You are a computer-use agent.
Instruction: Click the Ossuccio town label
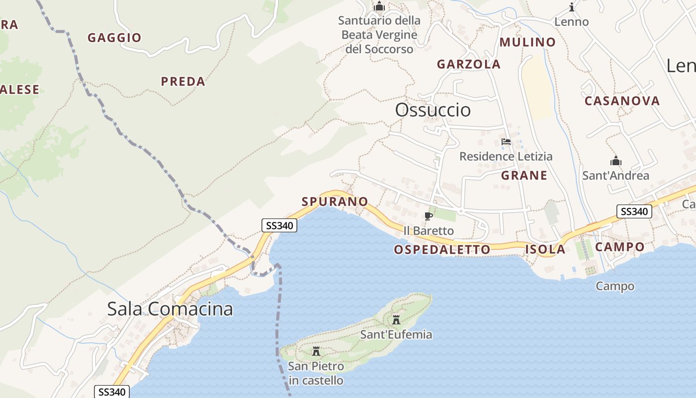(x=433, y=110)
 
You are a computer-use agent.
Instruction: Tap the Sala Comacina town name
(x=170, y=309)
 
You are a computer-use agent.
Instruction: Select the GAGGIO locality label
(x=114, y=38)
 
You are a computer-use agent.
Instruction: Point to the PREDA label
(x=183, y=82)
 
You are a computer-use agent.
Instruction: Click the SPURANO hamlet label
(x=335, y=201)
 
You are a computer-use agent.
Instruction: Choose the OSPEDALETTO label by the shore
(x=442, y=250)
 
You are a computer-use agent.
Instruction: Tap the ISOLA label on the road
(x=545, y=250)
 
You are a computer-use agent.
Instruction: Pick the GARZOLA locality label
(x=468, y=64)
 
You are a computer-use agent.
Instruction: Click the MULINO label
(x=527, y=42)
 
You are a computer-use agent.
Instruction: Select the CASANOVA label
(x=622, y=101)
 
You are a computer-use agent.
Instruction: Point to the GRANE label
(x=524, y=175)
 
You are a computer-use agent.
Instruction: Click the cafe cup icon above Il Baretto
(x=428, y=216)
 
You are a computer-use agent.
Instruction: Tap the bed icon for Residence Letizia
(x=506, y=142)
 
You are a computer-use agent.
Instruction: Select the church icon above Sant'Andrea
(x=616, y=161)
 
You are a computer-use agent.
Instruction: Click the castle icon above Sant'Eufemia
(x=396, y=319)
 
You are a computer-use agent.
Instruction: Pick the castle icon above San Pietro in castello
(x=316, y=352)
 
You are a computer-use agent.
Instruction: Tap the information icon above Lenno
(x=572, y=7)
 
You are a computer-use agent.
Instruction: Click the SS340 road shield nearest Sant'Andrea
(x=634, y=211)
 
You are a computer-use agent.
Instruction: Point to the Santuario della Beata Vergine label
(x=379, y=35)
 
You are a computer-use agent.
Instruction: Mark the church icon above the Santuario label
(x=379, y=6)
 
